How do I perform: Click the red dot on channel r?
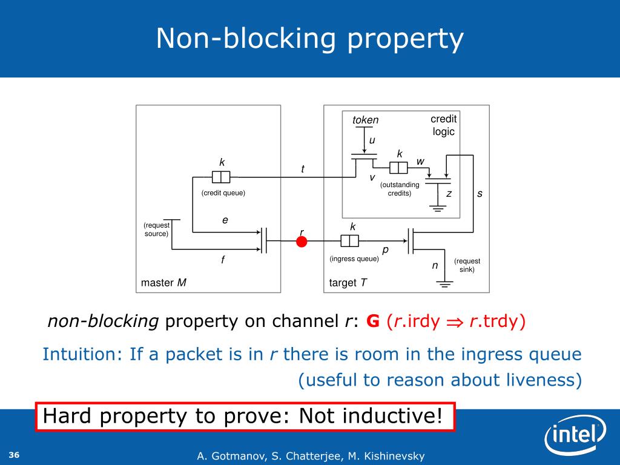[x=302, y=242]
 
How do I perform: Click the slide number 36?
[x=15, y=455]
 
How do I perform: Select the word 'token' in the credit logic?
[x=365, y=120]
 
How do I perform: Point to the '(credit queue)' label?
[x=223, y=193]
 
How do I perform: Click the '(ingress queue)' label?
[x=354, y=259]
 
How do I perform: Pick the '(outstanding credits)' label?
[x=400, y=189]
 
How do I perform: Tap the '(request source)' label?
[x=156, y=229]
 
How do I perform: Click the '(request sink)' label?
[x=467, y=265]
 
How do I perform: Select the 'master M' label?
[x=163, y=283]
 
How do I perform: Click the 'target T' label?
[x=348, y=283]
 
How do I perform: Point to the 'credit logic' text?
[x=443, y=125]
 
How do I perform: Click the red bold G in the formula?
[x=373, y=321]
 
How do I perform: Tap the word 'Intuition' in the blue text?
[x=82, y=354]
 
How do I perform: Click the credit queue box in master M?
[x=221, y=177]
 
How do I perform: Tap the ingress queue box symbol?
[x=350, y=241]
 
